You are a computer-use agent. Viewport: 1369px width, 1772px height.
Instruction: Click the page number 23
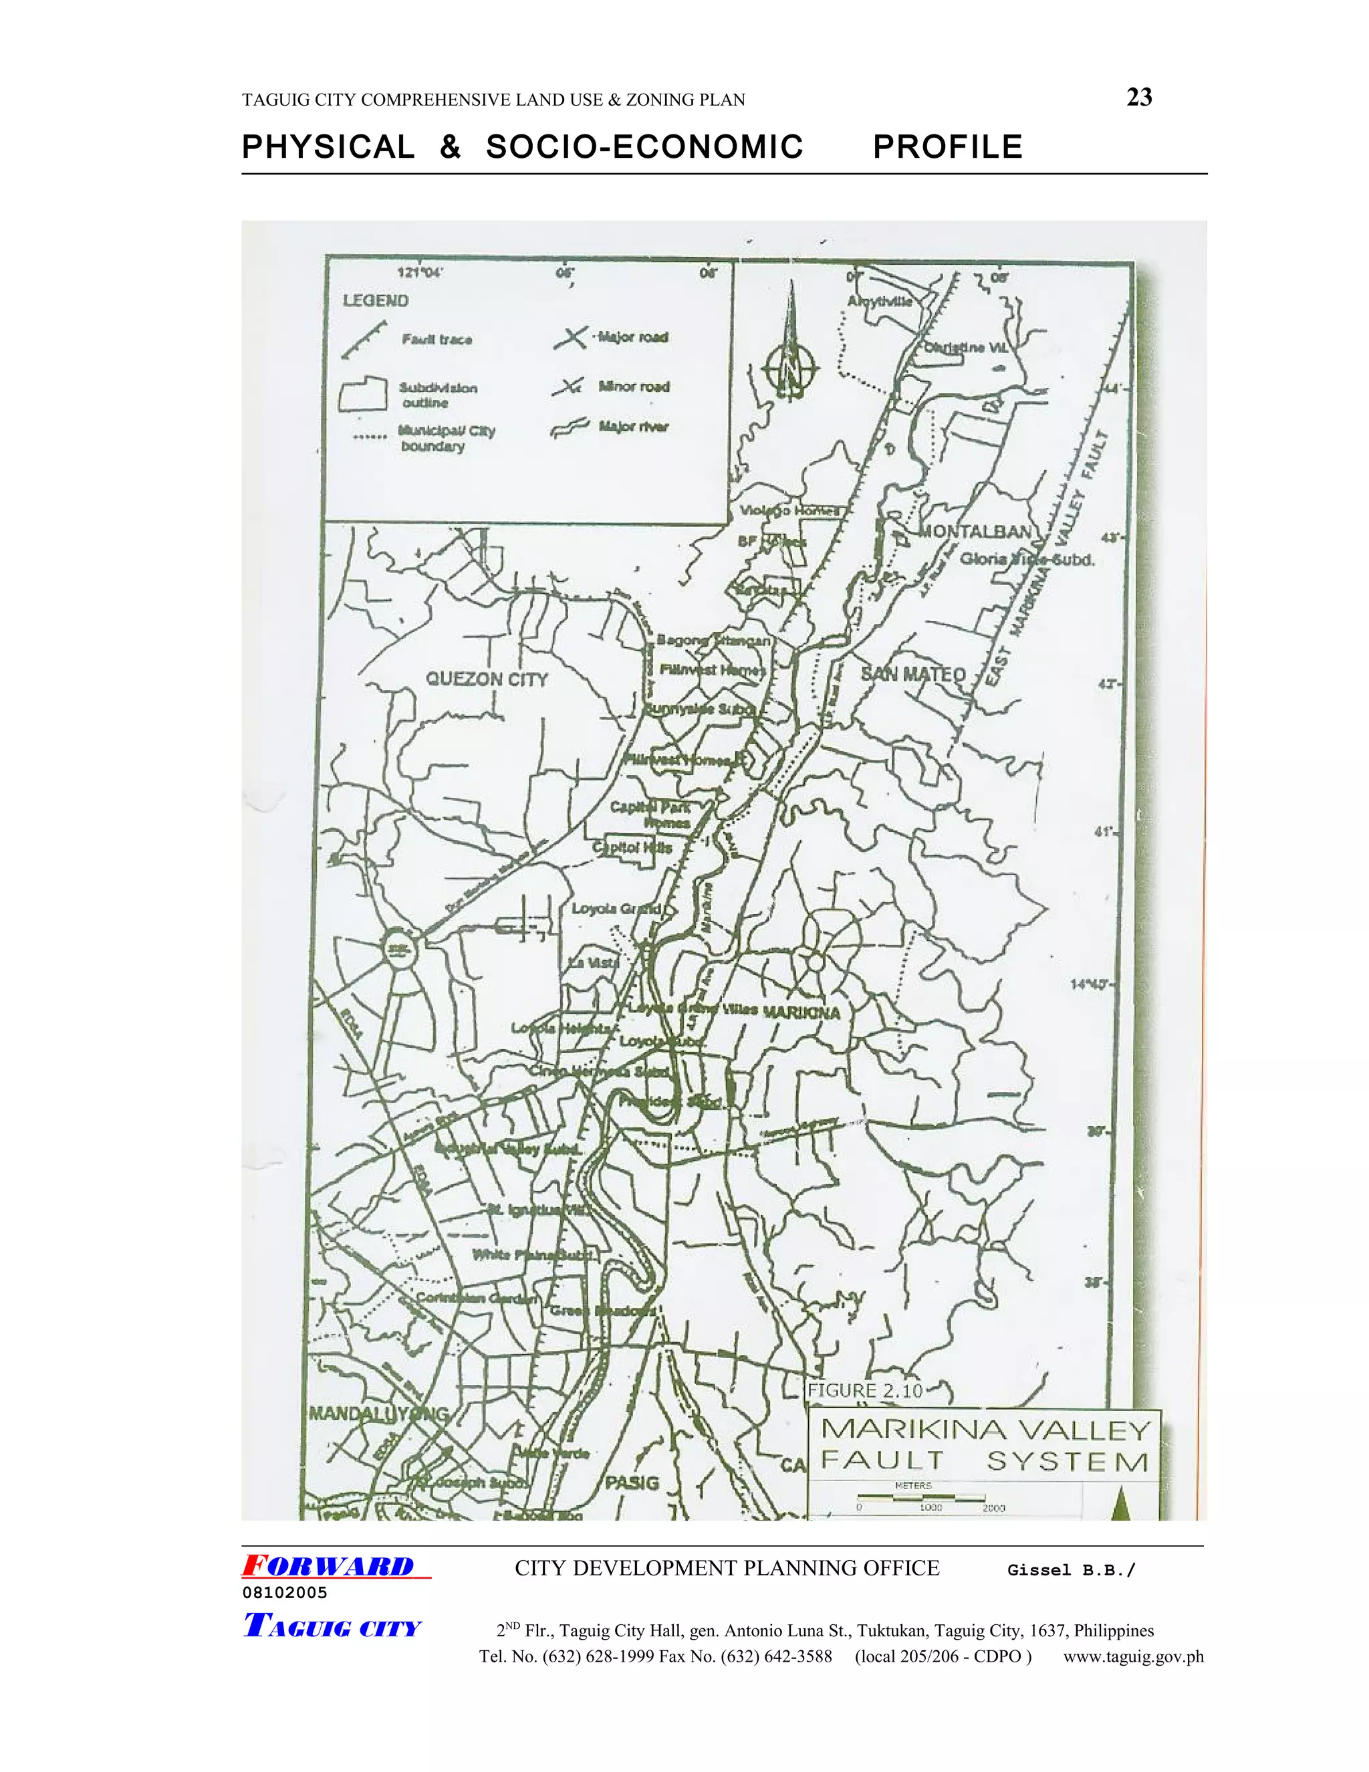click(x=1138, y=98)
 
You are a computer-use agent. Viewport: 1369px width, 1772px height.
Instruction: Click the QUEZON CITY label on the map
click(x=487, y=679)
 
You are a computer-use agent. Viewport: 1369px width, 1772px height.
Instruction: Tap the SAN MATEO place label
click(x=913, y=673)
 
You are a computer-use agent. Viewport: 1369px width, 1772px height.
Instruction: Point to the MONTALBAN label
click(x=974, y=532)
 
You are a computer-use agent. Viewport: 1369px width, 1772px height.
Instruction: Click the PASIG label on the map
click(x=632, y=1482)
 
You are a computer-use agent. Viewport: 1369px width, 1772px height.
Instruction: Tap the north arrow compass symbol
click(x=789, y=357)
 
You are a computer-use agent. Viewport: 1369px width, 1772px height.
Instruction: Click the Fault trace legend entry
click(x=437, y=339)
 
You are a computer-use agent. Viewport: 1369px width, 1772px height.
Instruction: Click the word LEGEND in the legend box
click(x=376, y=300)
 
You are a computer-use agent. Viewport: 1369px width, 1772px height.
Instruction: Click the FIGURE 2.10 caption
click(x=864, y=1390)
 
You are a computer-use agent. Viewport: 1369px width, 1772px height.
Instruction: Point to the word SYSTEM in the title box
click(x=1068, y=1461)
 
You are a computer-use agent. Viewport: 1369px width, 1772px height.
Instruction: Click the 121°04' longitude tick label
click(x=418, y=273)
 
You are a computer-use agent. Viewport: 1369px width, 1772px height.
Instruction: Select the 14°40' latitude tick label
click(x=1089, y=984)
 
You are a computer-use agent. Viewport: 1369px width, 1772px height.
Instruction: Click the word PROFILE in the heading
click(x=947, y=147)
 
